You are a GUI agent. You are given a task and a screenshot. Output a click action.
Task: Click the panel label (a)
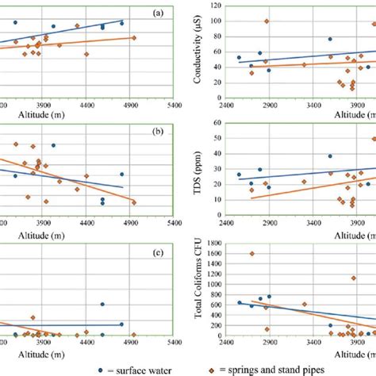pyautogui.click(x=159, y=13)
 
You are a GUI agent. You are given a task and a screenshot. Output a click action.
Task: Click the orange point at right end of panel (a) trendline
pyautogui.click(x=134, y=37)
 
